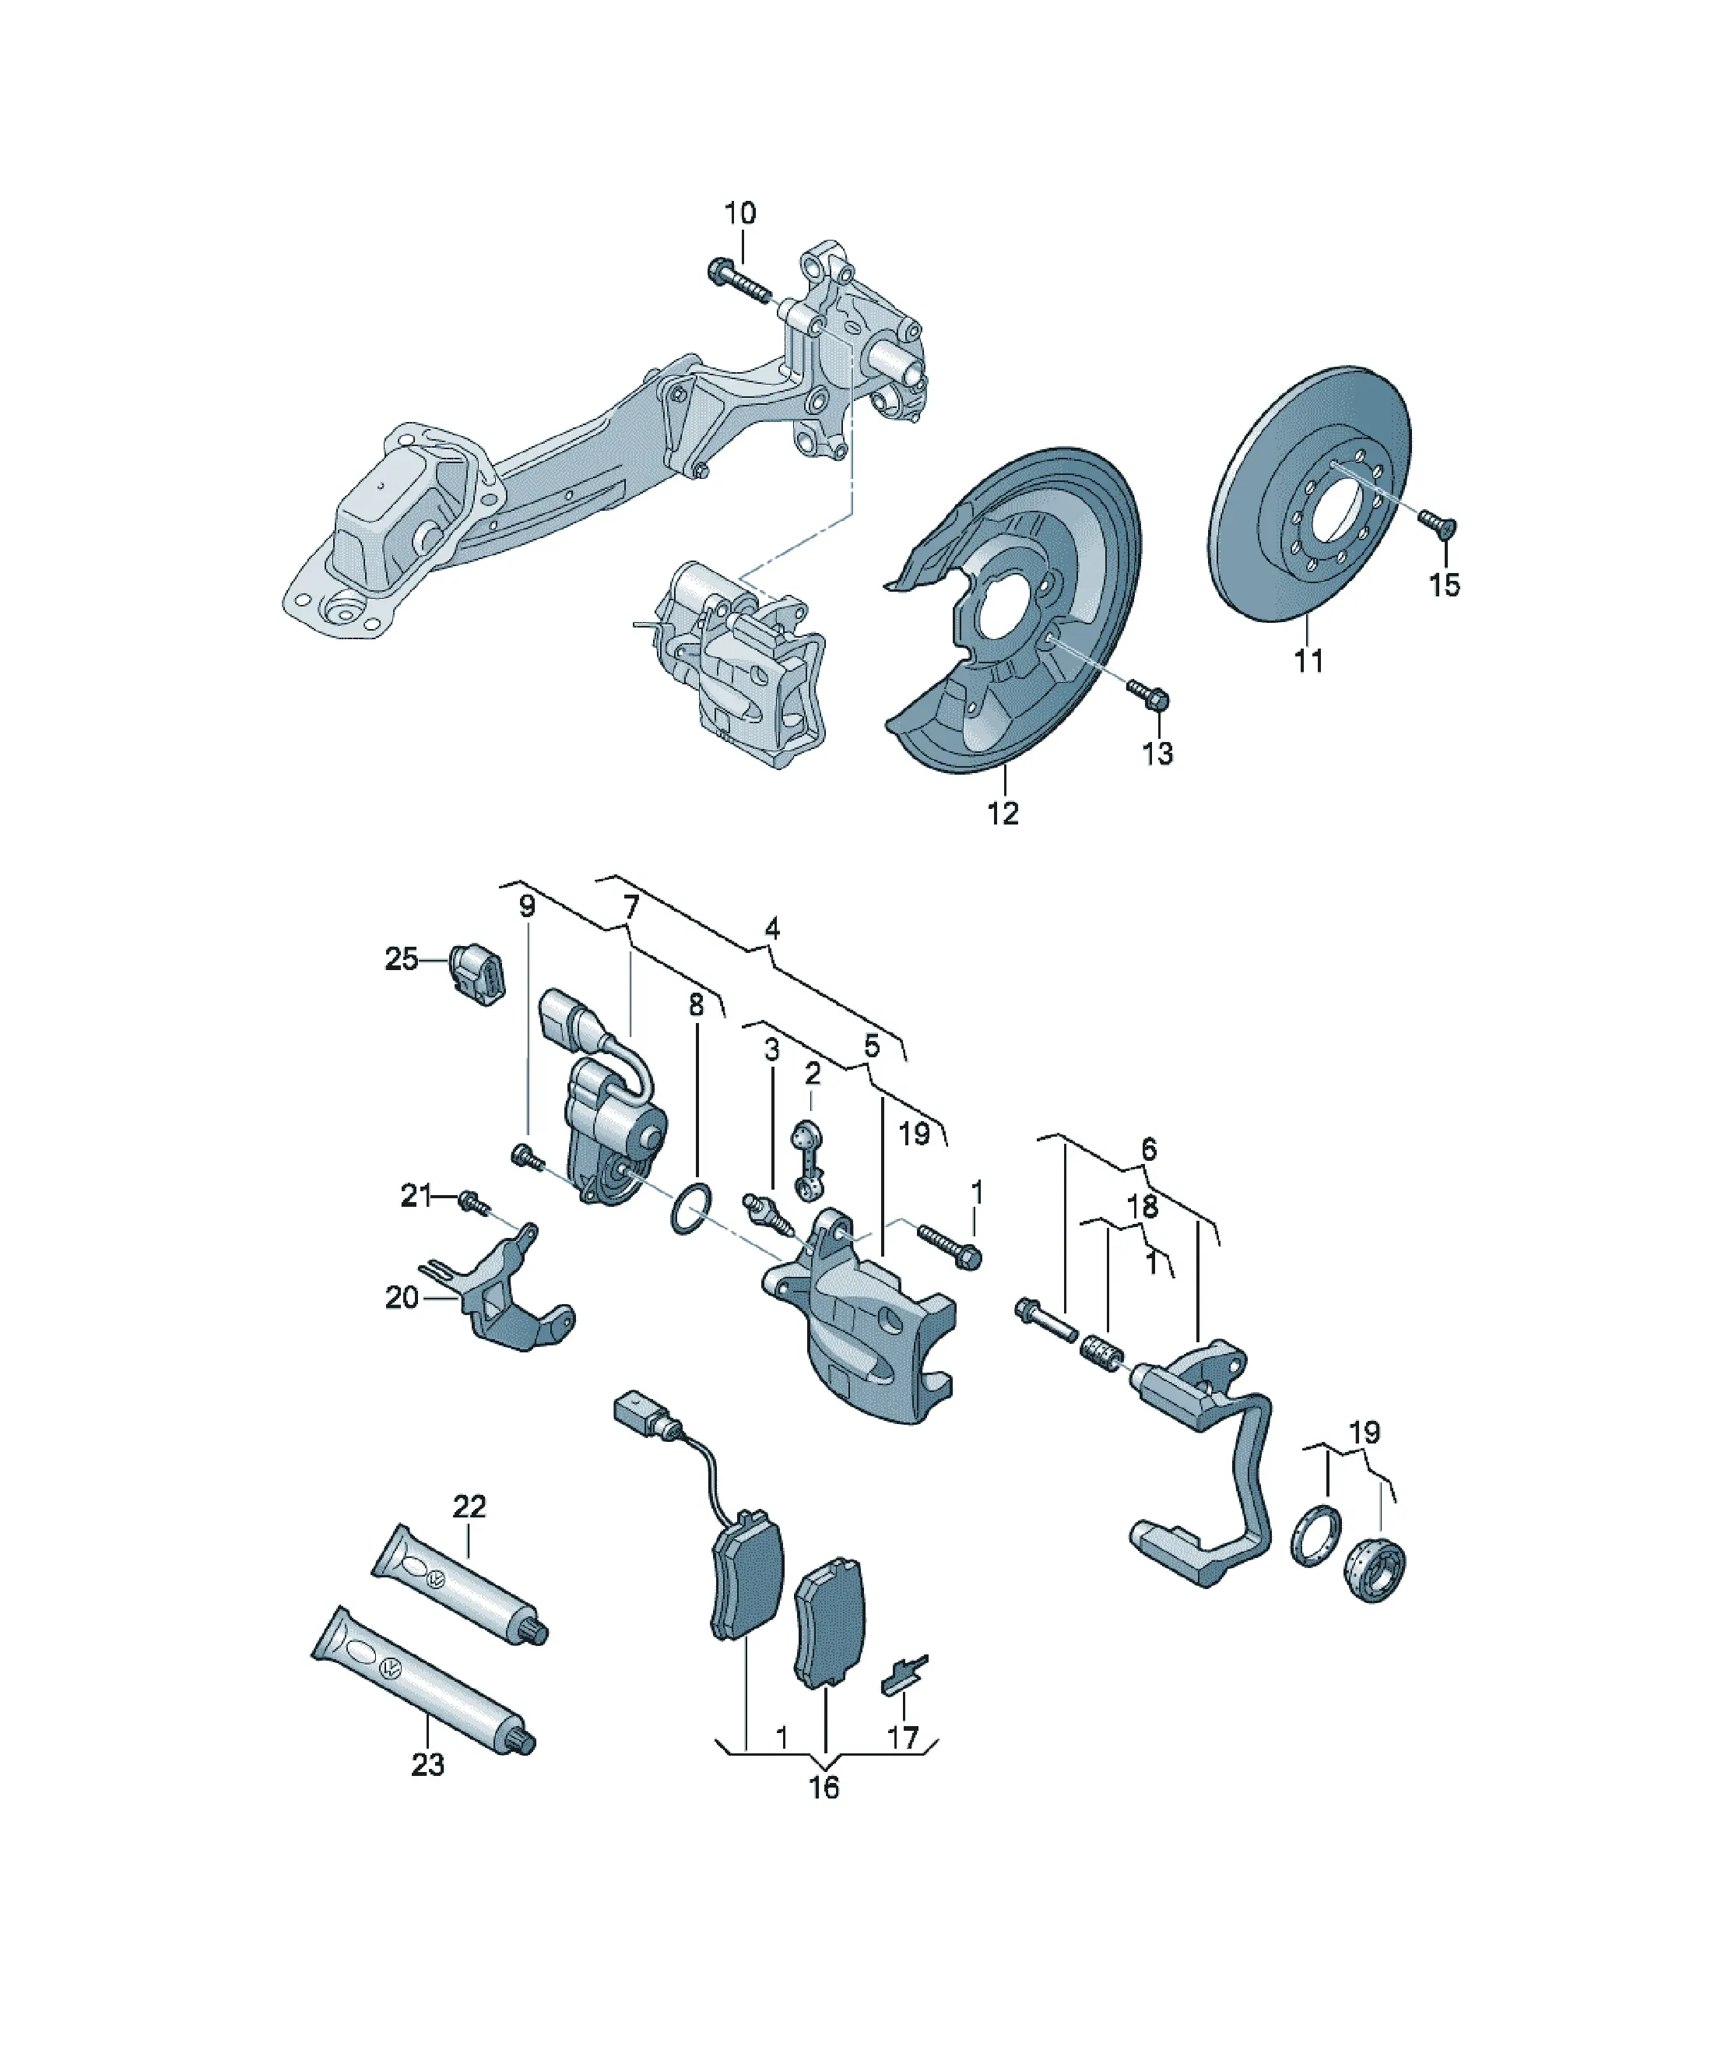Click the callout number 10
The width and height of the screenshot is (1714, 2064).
[740, 213]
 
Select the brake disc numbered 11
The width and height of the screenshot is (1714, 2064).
[1309, 494]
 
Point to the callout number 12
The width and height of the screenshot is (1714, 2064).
[1003, 814]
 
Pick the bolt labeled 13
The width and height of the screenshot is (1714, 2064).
[1148, 695]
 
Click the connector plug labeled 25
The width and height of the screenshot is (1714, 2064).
[476, 973]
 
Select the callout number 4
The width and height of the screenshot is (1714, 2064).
[772, 928]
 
